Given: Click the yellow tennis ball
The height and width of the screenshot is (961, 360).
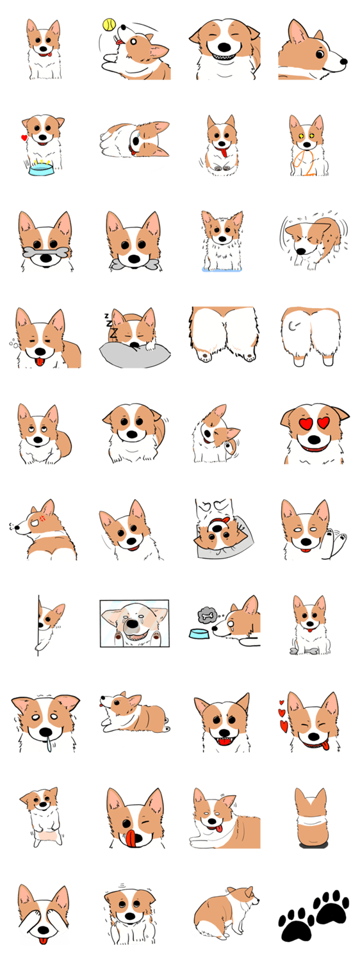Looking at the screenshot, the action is (109, 24).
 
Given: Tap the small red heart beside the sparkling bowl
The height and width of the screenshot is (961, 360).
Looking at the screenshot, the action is (24, 138).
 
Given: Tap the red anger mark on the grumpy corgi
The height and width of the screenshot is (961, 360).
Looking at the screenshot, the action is (42, 518).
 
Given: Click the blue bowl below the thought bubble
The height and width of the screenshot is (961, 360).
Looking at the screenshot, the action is (199, 634).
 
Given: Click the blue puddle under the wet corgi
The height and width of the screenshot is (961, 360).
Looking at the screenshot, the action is (222, 270).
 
